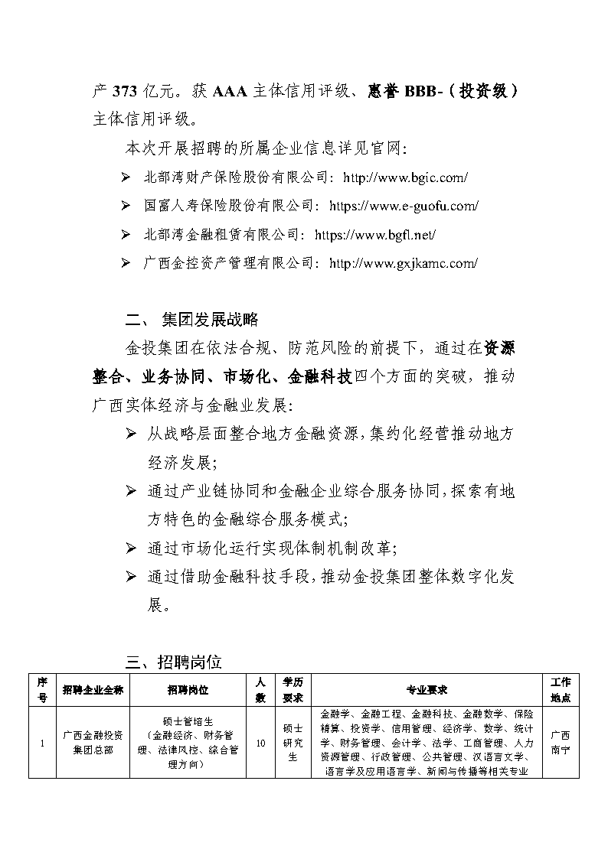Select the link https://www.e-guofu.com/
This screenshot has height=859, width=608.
[x=404, y=206]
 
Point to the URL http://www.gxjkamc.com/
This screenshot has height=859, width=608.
[x=403, y=263]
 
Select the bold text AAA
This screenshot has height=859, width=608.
[x=230, y=91]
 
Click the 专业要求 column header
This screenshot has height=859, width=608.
[x=427, y=689]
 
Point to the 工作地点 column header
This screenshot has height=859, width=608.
[x=560, y=689]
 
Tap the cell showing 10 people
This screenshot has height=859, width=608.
[x=260, y=742]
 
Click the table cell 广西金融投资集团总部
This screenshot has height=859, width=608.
[x=88, y=742]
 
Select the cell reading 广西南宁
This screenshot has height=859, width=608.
[x=560, y=742]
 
